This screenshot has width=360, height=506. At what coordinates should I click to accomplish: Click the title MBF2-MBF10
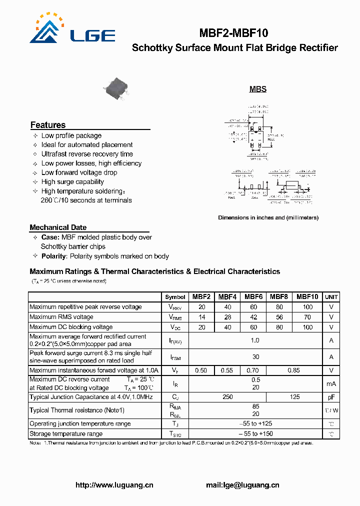(x=233, y=33)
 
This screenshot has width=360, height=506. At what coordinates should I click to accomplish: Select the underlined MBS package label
(x=258, y=89)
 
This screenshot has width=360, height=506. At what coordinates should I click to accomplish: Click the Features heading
(x=48, y=125)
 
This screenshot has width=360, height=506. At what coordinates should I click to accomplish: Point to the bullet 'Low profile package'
(x=71, y=135)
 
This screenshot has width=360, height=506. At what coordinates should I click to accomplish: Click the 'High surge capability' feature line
(x=72, y=182)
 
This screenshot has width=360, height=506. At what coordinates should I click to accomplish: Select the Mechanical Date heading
(x=58, y=227)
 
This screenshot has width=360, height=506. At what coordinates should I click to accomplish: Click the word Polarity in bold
(x=53, y=256)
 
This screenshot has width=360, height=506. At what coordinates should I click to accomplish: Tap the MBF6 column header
(x=253, y=296)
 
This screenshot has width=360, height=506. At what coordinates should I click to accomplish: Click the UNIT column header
(x=331, y=296)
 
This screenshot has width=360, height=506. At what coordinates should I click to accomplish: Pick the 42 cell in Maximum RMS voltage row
(x=253, y=317)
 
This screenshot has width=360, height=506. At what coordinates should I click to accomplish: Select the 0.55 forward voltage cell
(x=227, y=370)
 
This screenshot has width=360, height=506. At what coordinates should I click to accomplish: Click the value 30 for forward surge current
(x=255, y=357)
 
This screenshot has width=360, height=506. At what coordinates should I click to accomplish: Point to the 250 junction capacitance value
(x=227, y=397)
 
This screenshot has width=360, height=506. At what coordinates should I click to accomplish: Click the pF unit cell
(x=331, y=397)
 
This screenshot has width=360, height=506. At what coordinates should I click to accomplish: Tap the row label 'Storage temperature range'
(x=66, y=434)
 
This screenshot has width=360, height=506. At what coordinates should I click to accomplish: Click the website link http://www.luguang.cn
(x=114, y=485)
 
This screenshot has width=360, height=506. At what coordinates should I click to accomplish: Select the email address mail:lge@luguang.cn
(x=242, y=485)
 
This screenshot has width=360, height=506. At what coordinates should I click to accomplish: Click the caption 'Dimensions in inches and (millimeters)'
(x=268, y=217)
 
